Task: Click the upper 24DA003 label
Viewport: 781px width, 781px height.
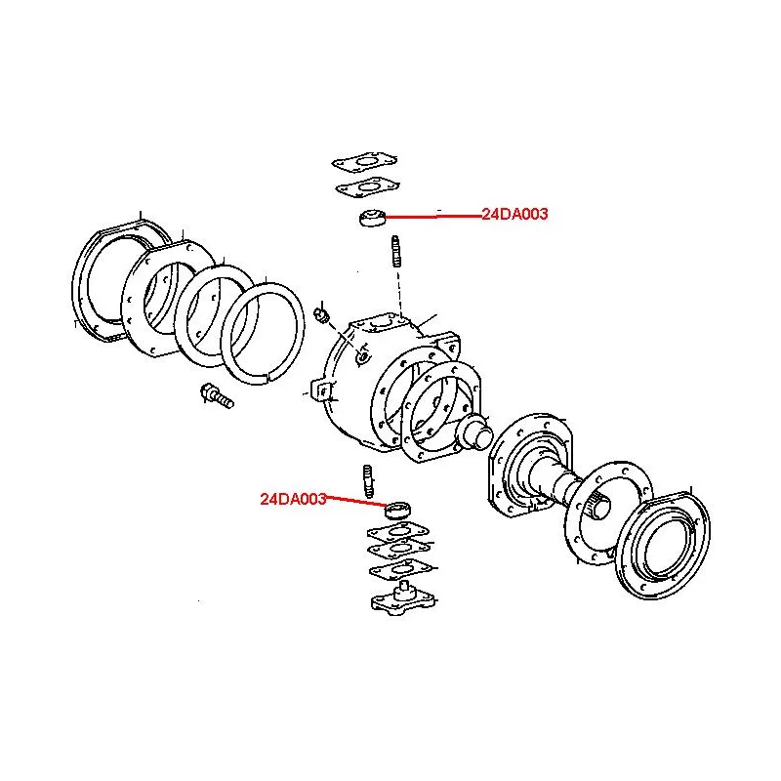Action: click(514, 214)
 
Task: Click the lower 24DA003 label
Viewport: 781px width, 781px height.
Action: click(294, 499)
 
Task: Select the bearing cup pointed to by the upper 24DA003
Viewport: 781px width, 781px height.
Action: click(373, 218)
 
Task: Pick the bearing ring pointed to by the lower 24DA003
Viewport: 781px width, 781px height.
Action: click(397, 510)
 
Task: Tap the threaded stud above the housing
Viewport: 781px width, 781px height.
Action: click(396, 252)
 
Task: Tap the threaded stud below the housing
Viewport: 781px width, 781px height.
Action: click(368, 481)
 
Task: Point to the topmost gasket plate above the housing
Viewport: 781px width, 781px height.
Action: click(364, 163)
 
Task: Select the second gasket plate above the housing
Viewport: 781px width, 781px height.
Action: click(368, 187)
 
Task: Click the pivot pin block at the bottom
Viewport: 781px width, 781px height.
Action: click(403, 599)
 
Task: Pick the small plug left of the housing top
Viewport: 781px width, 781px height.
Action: click(322, 315)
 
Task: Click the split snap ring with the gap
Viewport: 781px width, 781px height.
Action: click(263, 333)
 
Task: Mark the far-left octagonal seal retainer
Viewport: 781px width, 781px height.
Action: click(121, 280)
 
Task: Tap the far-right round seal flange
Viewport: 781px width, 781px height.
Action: click(663, 546)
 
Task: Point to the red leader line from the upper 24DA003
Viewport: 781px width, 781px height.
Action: click(433, 216)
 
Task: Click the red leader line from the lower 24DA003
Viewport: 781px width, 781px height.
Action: click(355, 501)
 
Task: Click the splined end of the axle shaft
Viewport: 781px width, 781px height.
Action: click(598, 506)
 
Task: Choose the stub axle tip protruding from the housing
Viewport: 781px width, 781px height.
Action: click(474, 432)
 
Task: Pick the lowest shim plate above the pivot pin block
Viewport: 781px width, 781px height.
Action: click(400, 569)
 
